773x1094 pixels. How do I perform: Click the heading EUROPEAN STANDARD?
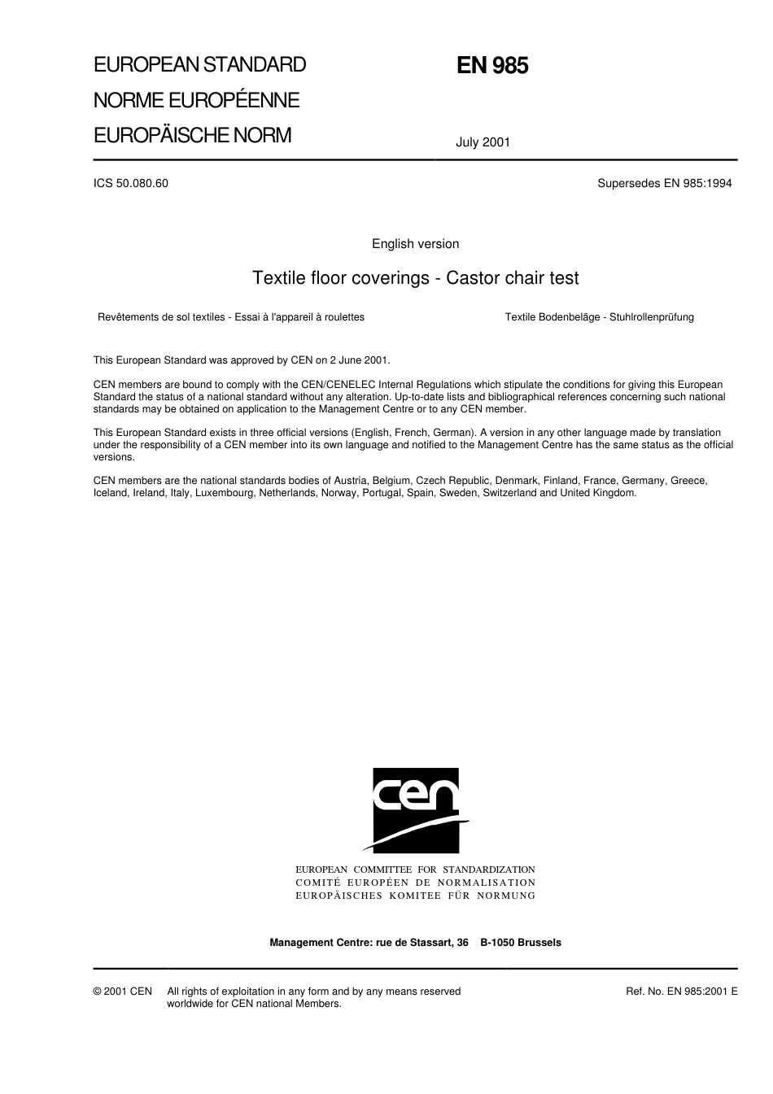point(199,65)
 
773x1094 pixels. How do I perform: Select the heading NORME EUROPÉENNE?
point(196,100)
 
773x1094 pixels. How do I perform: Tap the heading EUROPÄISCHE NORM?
point(192,135)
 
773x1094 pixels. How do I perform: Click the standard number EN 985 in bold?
point(492,66)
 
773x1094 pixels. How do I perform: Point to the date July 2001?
point(483,142)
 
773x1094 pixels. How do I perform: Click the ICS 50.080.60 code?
point(131,183)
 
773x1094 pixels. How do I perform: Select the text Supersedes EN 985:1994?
point(664,183)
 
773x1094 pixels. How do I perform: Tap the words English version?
point(415,244)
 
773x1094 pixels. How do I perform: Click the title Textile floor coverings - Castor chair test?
point(416,278)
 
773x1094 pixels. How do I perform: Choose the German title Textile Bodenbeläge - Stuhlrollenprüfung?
point(599,317)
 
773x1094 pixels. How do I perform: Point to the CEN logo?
point(416,809)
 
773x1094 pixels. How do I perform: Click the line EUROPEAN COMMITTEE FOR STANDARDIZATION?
point(415,870)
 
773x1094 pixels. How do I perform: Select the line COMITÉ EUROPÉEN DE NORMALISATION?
point(415,883)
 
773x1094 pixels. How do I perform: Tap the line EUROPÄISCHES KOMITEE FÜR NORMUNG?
point(415,896)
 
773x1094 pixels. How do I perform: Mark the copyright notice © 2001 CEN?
point(123,992)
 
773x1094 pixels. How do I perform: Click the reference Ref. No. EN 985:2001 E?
point(682,992)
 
